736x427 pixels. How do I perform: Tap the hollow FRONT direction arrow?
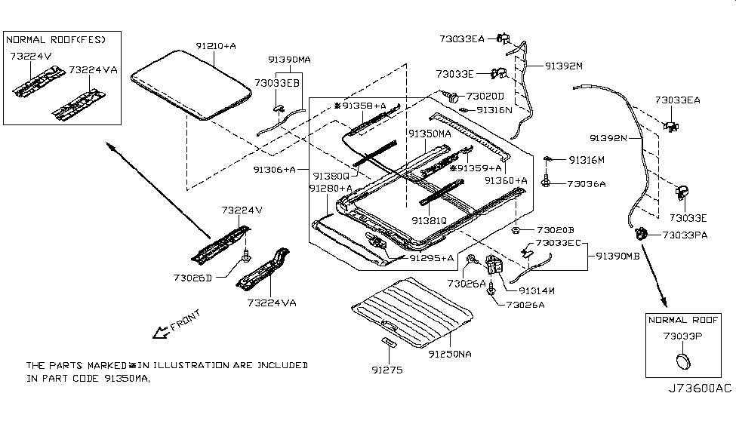pyautogui.click(x=159, y=333)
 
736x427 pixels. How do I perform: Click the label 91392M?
pyautogui.click(x=565, y=66)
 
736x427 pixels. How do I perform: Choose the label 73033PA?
pyautogui.click(x=685, y=235)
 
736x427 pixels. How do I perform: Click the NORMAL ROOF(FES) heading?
pyautogui.click(x=56, y=38)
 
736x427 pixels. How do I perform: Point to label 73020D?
pyautogui.click(x=491, y=97)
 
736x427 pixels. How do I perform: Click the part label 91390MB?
pyautogui.click(x=618, y=256)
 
